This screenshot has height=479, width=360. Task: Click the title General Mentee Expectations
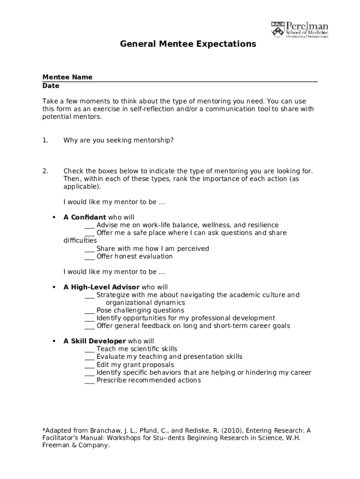(x=188, y=44)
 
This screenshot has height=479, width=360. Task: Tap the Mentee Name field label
(x=67, y=77)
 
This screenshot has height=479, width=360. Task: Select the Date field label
(x=51, y=86)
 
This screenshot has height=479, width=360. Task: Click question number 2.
(x=45, y=171)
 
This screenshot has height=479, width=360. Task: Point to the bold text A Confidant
(x=85, y=218)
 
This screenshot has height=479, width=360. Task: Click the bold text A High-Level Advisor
(x=101, y=287)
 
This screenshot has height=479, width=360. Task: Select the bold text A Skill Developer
(x=94, y=341)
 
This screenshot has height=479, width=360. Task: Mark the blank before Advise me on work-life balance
(x=90, y=225)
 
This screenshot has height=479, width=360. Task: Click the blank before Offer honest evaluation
(x=90, y=257)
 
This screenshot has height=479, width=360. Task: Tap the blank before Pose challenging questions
(x=90, y=311)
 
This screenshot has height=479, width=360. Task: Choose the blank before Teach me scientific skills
(x=90, y=349)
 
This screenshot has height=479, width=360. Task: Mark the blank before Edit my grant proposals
(x=90, y=365)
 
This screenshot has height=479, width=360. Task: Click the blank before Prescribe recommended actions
(x=90, y=381)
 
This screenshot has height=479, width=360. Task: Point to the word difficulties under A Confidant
(x=80, y=241)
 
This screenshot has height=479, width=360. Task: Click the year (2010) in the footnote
(x=232, y=430)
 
